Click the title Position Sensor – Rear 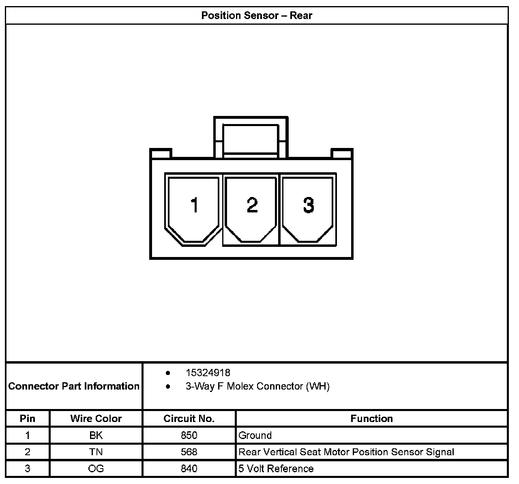[x=257, y=16]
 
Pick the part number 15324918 [x=208, y=373]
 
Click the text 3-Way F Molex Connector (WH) [x=257, y=386]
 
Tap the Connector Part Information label [x=74, y=386]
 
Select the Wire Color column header [x=96, y=418]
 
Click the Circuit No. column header [x=189, y=418]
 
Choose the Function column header [x=371, y=418]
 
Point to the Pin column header [x=28, y=418]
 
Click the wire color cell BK [x=96, y=435]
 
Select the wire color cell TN [x=96, y=452]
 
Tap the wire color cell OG [x=96, y=469]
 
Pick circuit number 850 [x=189, y=435]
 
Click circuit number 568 [x=189, y=452]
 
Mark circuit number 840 [x=189, y=469]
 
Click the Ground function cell [x=255, y=435]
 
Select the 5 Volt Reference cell [x=276, y=469]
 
